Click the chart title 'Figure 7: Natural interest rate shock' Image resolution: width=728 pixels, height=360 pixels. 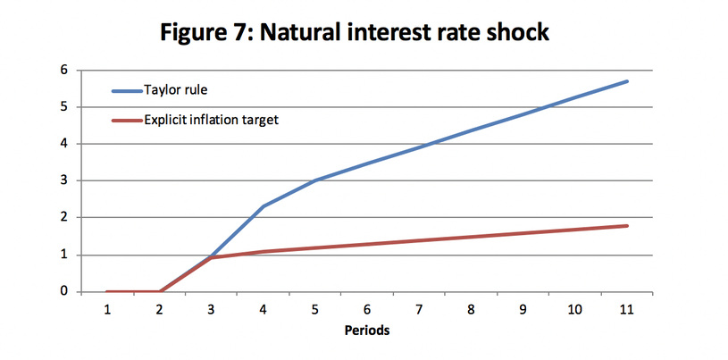click(x=355, y=33)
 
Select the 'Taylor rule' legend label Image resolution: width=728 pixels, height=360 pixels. click(x=175, y=90)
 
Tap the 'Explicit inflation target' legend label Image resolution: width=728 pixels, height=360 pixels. click(x=211, y=120)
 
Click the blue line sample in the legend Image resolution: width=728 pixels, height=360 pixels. click(x=127, y=91)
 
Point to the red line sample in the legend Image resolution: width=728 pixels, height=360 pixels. click(x=127, y=121)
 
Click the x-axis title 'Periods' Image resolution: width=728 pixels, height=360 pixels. click(x=367, y=331)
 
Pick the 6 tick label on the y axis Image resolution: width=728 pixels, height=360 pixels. click(x=64, y=71)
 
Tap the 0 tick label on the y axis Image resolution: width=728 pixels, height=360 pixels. click(x=64, y=292)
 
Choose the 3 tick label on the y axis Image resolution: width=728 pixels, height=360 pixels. click(x=64, y=180)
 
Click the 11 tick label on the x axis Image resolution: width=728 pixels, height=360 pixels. click(x=627, y=310)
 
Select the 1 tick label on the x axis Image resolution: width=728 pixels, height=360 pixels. click(x=107, y=310)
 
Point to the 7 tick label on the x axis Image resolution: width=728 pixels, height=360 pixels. click(x=419, y=310)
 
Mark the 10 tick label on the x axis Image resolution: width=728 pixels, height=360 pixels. click(x=574, y=310)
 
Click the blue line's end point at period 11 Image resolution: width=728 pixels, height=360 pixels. click(x=627, y=81)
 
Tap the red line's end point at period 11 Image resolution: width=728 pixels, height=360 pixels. click(x=627, y=226)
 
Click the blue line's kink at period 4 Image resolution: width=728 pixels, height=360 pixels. click(x=264, y=205)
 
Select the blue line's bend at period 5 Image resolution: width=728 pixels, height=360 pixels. click(x=315, y=180)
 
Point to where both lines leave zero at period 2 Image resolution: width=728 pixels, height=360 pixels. click(x=160, y=291)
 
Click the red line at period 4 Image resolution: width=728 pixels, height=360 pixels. click(x=264, y=252)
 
